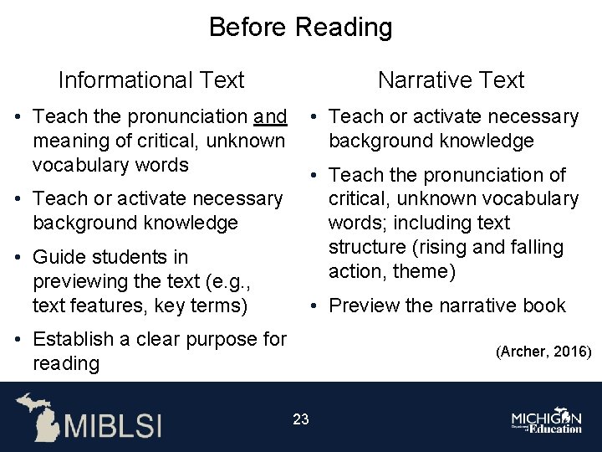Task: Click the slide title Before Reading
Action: [300, 27]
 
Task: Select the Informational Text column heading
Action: [150, 80]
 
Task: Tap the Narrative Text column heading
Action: [451, 80]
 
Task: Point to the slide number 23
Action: [301, 419]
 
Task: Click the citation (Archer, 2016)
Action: [543, 352]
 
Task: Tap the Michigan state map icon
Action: [37, 416]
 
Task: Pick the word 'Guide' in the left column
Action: [60, 257]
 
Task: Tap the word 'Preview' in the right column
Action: [365, 306]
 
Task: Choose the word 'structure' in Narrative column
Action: [369, 248]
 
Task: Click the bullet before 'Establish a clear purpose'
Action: [18, 340]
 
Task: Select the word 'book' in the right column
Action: [544, 306]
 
